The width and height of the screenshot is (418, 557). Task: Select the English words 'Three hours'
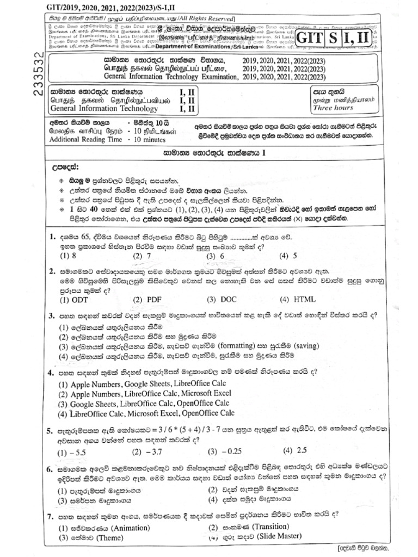tap(334, 108)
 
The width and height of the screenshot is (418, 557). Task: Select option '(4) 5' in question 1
tap(288, 255)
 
